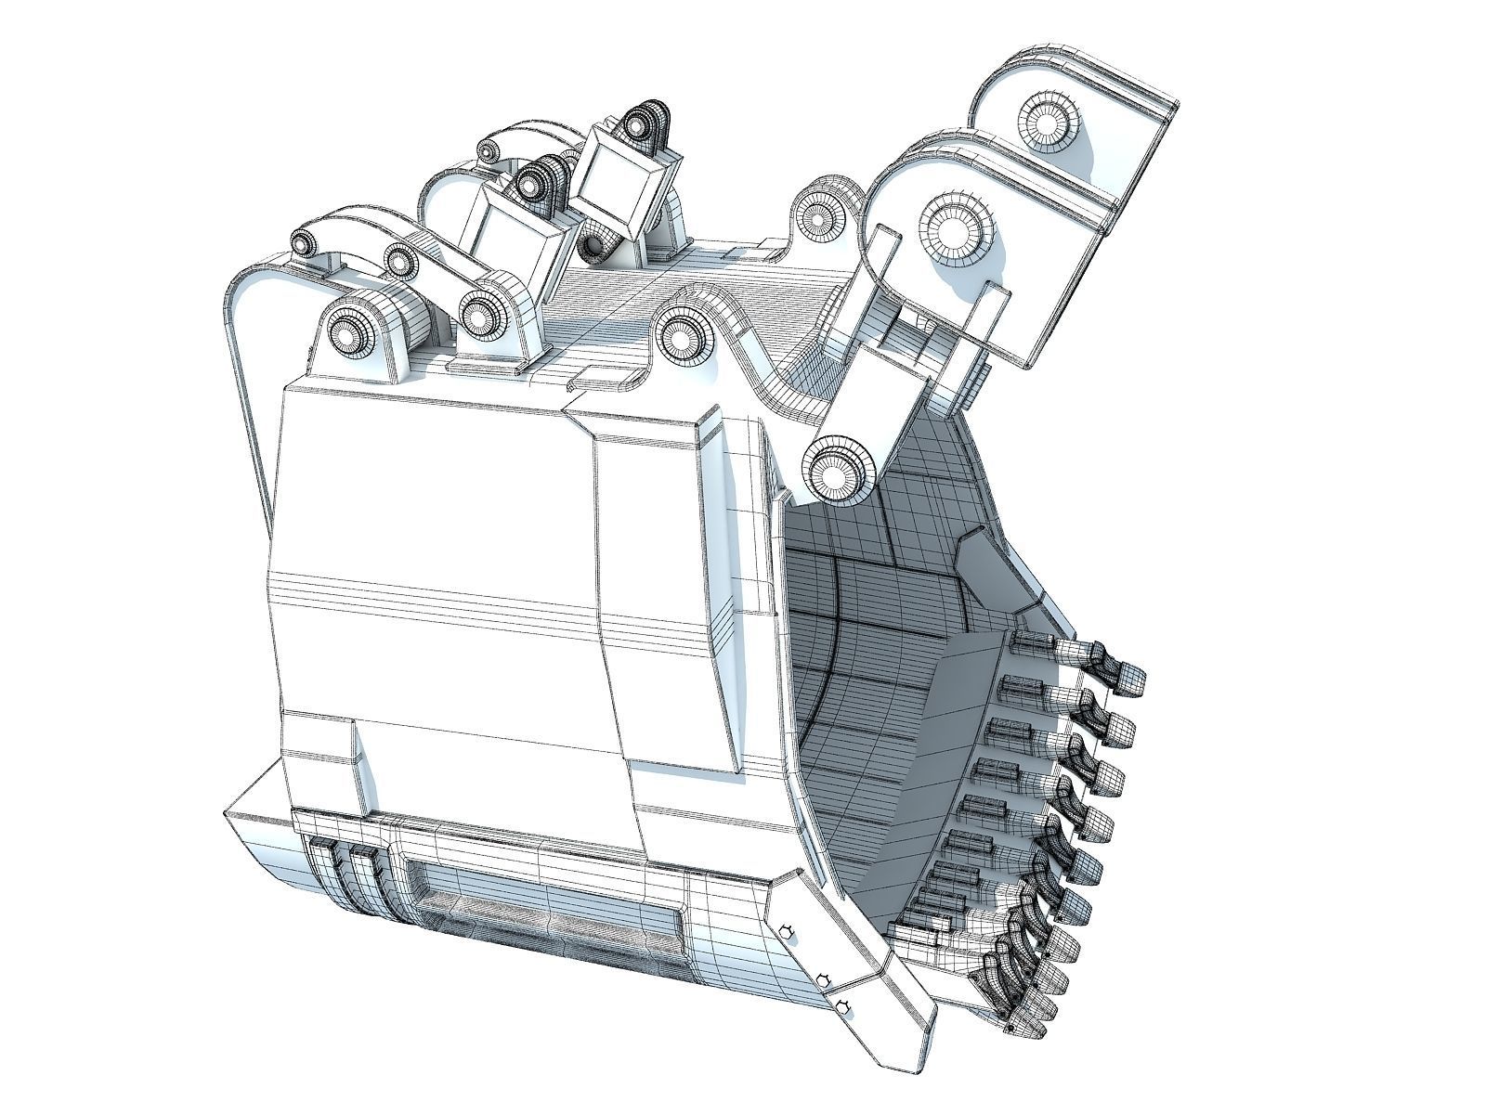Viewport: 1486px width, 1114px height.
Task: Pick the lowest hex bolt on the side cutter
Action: [842, 1006]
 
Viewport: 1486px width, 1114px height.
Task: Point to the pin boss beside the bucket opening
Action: [840, 473]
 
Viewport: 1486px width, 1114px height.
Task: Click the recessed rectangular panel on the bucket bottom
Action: [548, 912]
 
